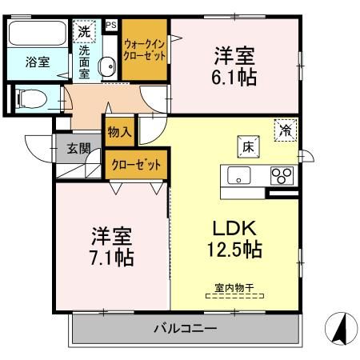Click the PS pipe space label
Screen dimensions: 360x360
111,25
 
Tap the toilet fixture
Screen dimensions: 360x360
31,99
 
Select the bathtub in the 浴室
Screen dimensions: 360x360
38,34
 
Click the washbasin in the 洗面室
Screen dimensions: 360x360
107,66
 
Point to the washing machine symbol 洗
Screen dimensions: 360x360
84,31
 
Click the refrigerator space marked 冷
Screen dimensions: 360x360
286,130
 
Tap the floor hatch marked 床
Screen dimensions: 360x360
248,146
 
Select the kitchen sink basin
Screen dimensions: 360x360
238,175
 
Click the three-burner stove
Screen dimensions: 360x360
282,175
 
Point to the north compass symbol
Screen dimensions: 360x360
341,328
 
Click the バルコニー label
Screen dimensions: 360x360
186,328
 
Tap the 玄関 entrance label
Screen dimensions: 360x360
78,149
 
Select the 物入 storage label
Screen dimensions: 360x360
119,132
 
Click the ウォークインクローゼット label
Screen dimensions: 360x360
144,50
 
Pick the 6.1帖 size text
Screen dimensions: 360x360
234,78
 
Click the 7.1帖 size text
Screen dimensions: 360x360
112,258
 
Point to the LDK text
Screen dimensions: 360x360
234,228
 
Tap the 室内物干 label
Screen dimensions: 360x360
234,288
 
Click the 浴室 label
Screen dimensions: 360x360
38,62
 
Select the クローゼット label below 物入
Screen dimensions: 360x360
136,165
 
